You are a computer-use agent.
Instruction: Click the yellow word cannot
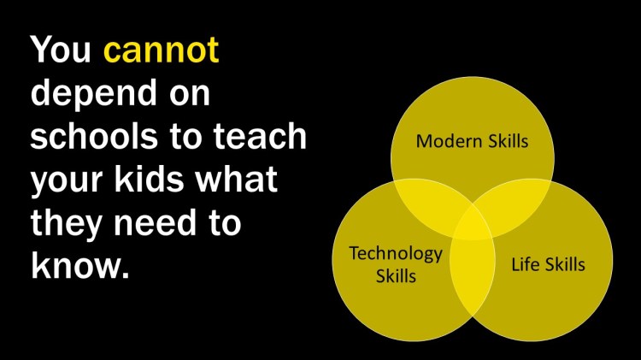pyautogui.click(x=161, y=50)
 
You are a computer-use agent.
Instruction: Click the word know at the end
pyautogui.click(x=75, y=268)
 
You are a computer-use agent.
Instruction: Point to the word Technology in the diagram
pyautogui.click(x=396, y=253)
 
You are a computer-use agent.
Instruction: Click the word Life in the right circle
pyautogui.click(x=525, y=263)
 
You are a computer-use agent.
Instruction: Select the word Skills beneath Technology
pyautogui.click(x=396, y=276)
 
